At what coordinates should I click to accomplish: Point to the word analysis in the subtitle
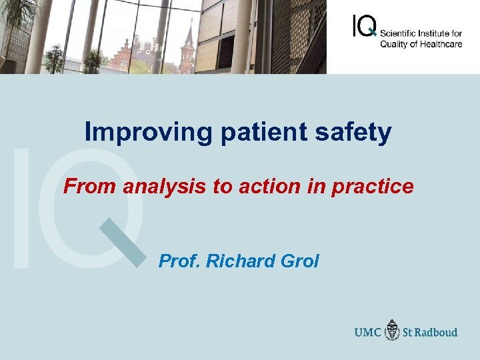(165, 187)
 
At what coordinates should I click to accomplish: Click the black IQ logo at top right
(364, 26)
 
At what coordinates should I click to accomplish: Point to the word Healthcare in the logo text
(441, 44)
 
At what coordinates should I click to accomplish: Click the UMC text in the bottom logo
(368, 332)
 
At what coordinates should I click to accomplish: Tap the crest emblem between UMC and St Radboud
(393, 330)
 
